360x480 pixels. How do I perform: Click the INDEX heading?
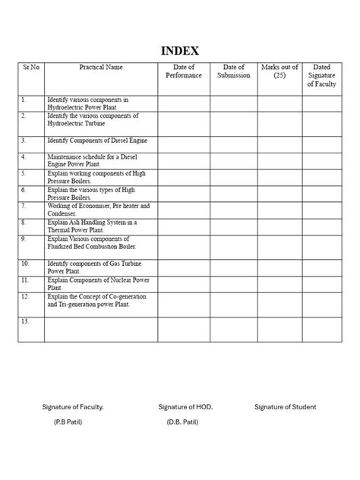180,52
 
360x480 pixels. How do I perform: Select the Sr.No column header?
30,68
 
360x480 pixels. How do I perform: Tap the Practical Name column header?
100,68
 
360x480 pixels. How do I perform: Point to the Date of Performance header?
184,72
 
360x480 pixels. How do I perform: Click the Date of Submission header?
234,72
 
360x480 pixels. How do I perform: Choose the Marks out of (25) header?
279,72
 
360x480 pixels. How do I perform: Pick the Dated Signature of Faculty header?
321,76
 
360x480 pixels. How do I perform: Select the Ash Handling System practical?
91,226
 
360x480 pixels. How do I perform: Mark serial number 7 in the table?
24,205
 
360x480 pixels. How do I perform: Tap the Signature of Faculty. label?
73,407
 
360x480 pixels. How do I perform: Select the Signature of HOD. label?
185,407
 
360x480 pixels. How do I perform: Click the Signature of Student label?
286,407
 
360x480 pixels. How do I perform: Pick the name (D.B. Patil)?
182,421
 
